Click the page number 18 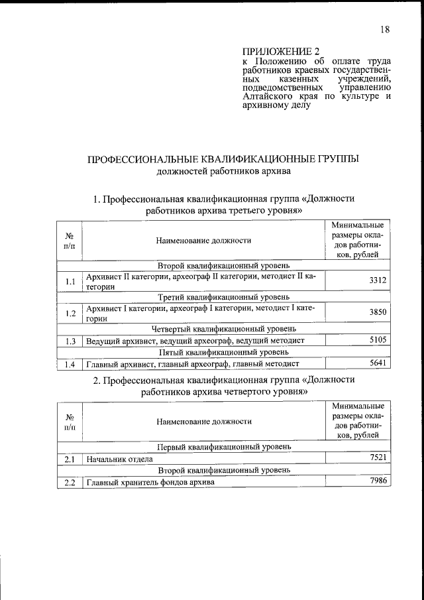click(x=385, y=29)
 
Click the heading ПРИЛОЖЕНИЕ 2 click(x=276, y=51)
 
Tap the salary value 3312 click(x=377, y=281)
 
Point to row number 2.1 click(x=70, y=459)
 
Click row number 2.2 click(x=70, y=482)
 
